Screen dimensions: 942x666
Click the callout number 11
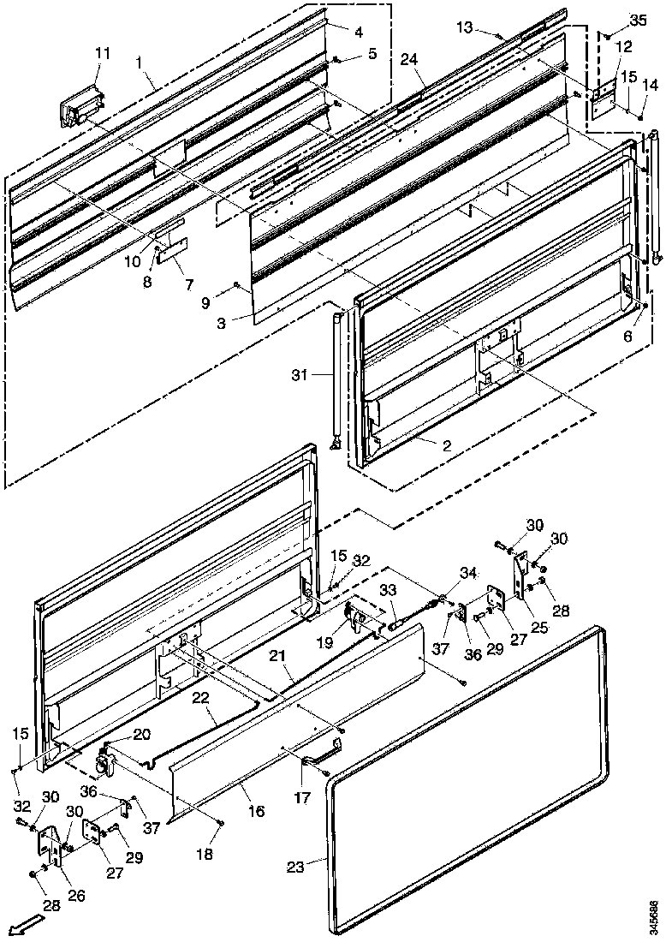coord(103,53)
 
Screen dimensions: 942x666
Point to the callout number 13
coord(487,29)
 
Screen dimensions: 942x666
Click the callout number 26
coord(76,896)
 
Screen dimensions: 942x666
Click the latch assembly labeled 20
coord(106,759)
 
